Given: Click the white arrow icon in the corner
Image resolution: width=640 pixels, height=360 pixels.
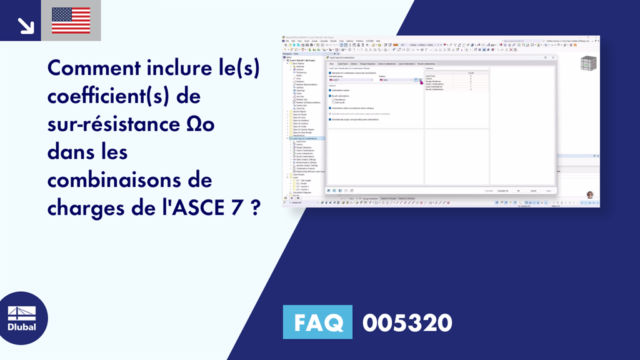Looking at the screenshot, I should coord(26,24).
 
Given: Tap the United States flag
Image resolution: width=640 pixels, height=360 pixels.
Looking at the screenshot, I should coord(71,21).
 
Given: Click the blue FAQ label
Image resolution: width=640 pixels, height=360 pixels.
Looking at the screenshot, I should coord(317,322).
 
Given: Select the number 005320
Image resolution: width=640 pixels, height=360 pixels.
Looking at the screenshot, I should coord(407,322).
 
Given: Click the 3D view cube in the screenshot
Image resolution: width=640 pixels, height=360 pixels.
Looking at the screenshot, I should coord(588,64).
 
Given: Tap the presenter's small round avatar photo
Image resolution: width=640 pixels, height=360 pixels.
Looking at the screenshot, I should coord(589,195).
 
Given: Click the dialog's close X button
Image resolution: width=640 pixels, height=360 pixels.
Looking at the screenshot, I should coord(553,57).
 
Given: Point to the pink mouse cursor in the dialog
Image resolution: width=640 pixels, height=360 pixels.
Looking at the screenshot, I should coord(421,81).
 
